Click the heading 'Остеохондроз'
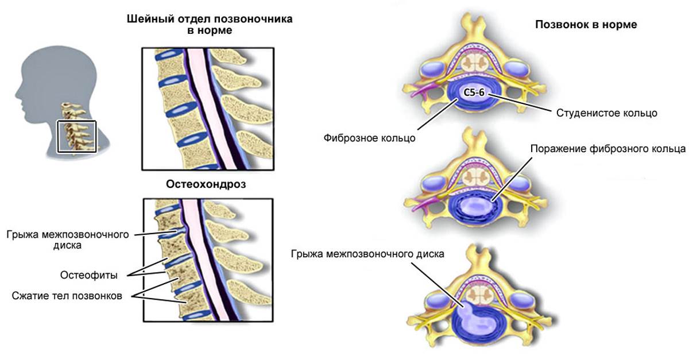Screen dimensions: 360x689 click(209, 184)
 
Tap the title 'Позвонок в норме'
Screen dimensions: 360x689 click(586, 25)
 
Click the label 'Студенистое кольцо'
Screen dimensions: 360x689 click(606, 113)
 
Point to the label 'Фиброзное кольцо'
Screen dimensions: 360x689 click(369, 138)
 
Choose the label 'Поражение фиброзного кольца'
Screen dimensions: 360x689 click(608, 149)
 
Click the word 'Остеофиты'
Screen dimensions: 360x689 click(89, 276)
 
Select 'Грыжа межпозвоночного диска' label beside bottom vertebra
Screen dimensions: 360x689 click(367, 253)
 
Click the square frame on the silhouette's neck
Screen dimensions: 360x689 click(77, 137)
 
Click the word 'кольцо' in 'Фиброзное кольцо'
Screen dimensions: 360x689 click(398, 138)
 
